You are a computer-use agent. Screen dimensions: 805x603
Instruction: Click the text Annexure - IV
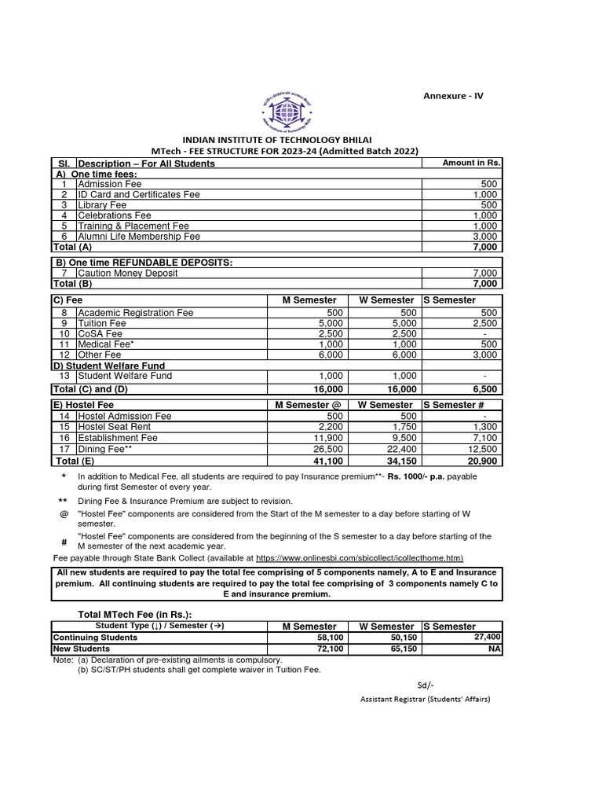point(453,96)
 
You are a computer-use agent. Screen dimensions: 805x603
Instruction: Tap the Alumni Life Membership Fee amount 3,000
point(485,236)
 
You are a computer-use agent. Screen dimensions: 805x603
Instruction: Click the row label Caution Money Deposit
point(128,273)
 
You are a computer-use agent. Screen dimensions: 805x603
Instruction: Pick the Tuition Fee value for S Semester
point(484,323)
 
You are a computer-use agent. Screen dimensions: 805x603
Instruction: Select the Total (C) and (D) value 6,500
point(483,389)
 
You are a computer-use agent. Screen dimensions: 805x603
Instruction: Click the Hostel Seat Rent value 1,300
point(484,427)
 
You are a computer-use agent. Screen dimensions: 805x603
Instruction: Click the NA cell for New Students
point(494,649)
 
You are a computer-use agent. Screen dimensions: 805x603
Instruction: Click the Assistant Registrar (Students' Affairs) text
point(425,698)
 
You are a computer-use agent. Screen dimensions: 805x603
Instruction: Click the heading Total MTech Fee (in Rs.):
point(134,614)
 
